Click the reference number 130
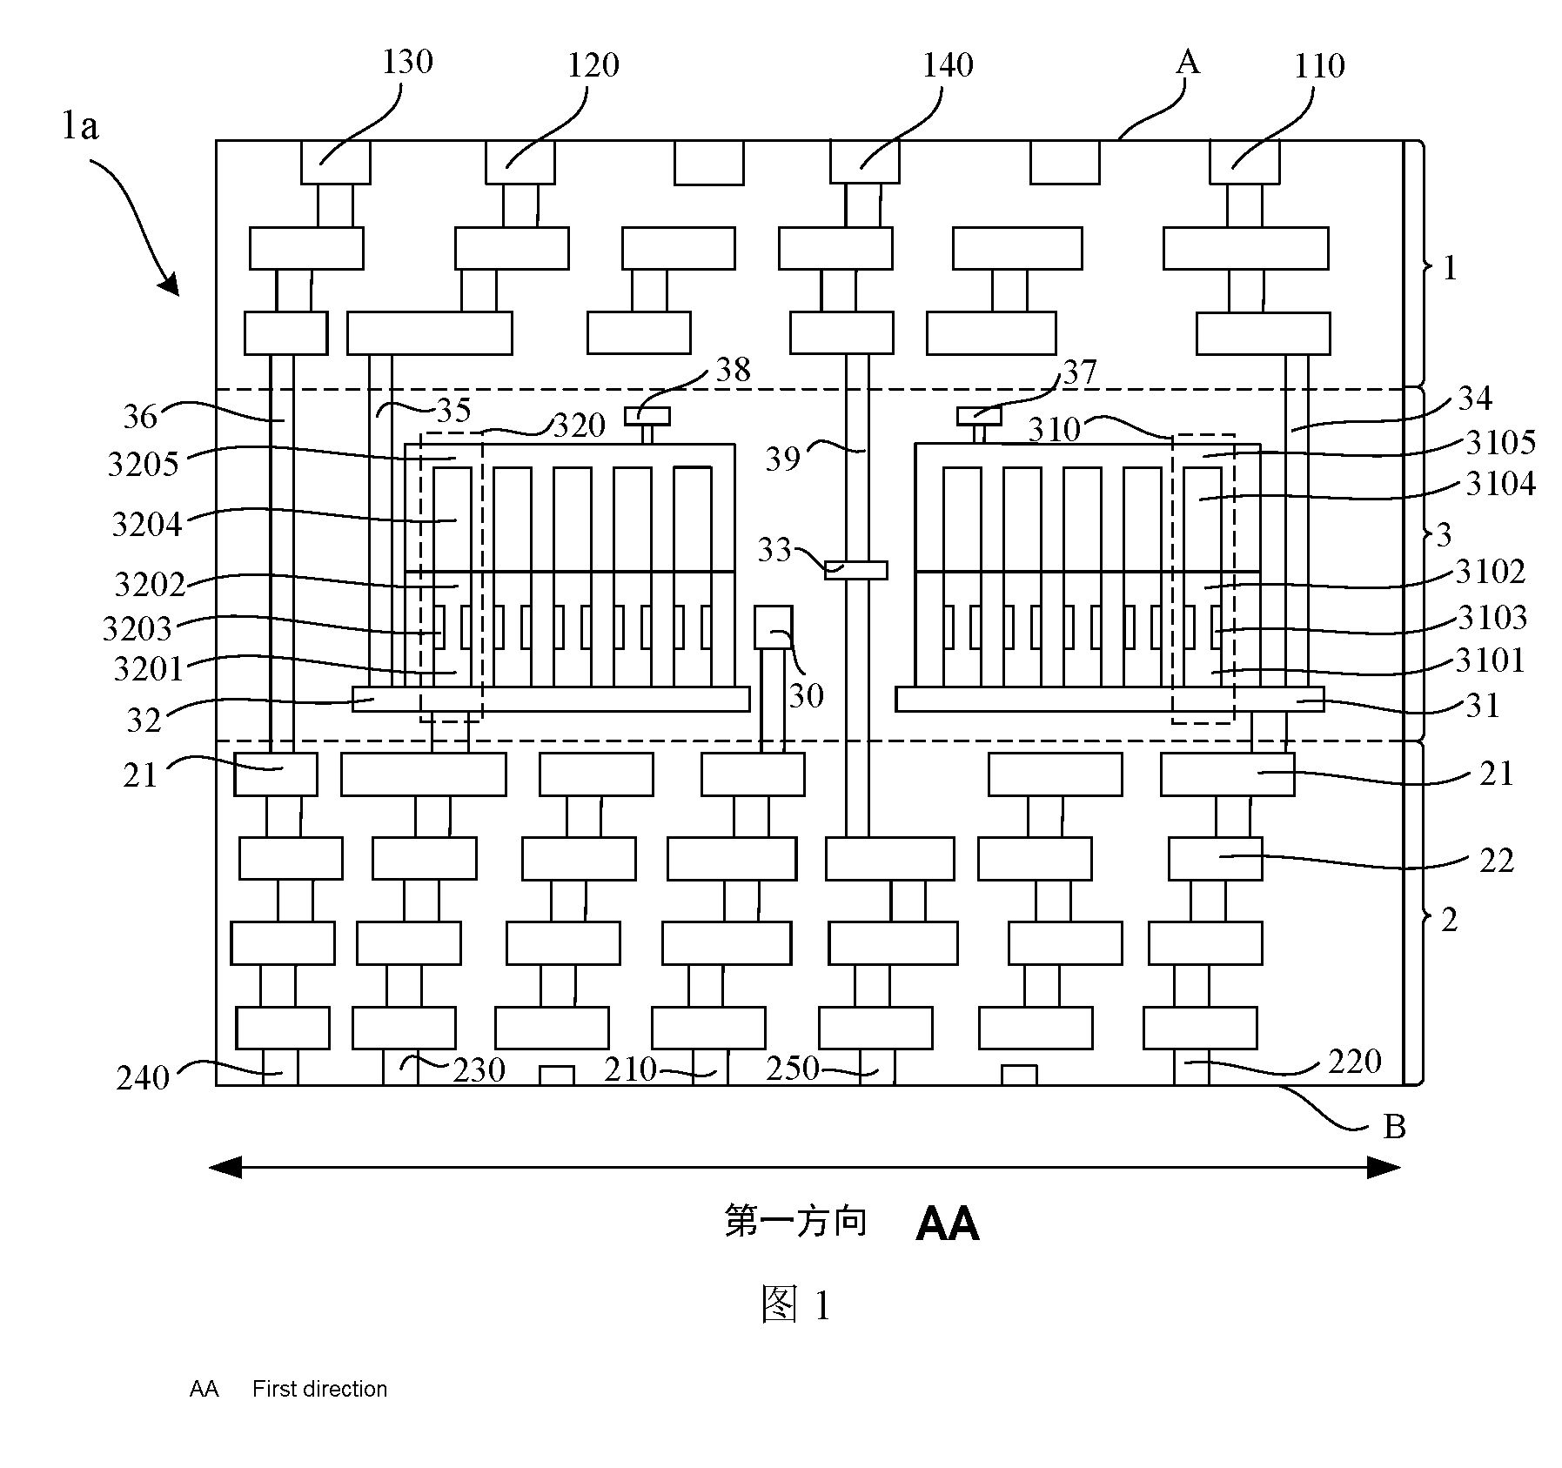pos(408,62)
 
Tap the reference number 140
pos(948,64)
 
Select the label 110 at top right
pos(1319,65)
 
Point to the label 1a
pos(80,127)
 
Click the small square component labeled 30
pos(774,627)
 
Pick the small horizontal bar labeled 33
pos(856,570)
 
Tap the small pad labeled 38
pos(647,416)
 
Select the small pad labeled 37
pos(979,416)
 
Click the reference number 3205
pos(143,465)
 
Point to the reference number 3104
pos(1500,484)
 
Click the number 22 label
pos(1497,861)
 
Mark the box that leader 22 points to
pos(1215,859)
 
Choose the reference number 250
pos(793,1069)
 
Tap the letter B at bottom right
pos(1395,1128)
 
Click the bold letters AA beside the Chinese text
pos(948,1224)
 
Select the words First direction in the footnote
pos(319,1389)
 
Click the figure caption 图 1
pos(795,1305)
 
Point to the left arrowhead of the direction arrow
pos(225,1168)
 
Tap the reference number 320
pos(580,426)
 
